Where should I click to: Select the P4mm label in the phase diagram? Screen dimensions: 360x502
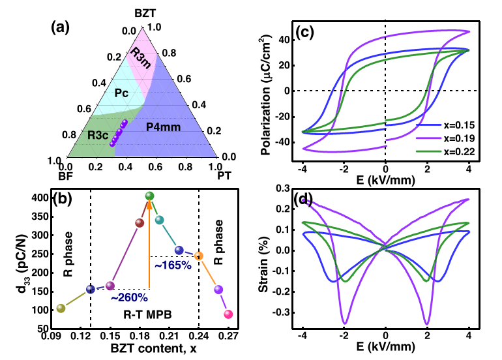pyautogui.click(x=163, y=127)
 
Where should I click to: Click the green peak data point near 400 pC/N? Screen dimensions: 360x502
pyautogui.click(x=149, y=196)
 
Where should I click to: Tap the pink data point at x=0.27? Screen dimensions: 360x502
pyautogui.click(x=228, y=314)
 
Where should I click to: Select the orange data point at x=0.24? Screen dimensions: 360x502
pyautogui.click(x=199, y=256)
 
